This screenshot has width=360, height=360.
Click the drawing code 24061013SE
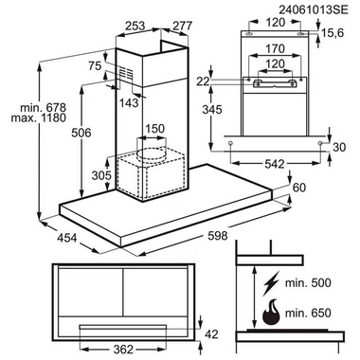[x=314, y=9]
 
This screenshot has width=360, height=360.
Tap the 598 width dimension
[x=217, y=236]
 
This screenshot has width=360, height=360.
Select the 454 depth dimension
[x=66, y=237]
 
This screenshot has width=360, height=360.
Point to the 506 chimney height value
[x=81, y=133]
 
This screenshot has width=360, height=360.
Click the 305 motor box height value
[x=101, y=175]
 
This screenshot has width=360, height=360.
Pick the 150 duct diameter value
[x=154, y=129]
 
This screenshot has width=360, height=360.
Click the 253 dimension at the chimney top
[x=135, y=26]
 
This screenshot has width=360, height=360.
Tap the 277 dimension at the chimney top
[x=182, y=26]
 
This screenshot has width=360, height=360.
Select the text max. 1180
[x=39, y=117]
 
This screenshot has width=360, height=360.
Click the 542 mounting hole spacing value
[x=275, y=164]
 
